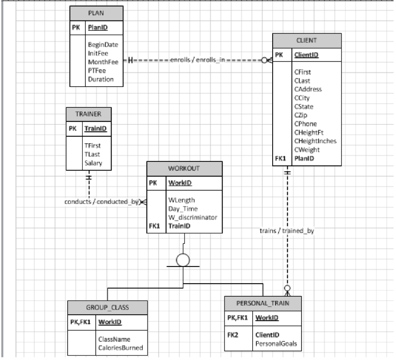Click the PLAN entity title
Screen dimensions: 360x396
(97, 14)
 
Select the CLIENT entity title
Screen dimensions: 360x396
(307, 40)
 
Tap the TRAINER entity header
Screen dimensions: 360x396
(88, 114)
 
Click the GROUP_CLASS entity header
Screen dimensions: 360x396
(108, 307)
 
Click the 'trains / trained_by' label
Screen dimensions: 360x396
(286, 231)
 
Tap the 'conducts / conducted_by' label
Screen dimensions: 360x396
(102, 201)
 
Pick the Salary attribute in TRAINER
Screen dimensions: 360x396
(93, 163)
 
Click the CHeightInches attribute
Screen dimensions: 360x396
(315, 141)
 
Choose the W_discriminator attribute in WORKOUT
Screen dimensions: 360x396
(192, 217)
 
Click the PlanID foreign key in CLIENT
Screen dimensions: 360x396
(303, 158)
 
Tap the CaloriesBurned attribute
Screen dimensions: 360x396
(120, 347)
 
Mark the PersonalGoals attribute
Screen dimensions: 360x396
(276, 343)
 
